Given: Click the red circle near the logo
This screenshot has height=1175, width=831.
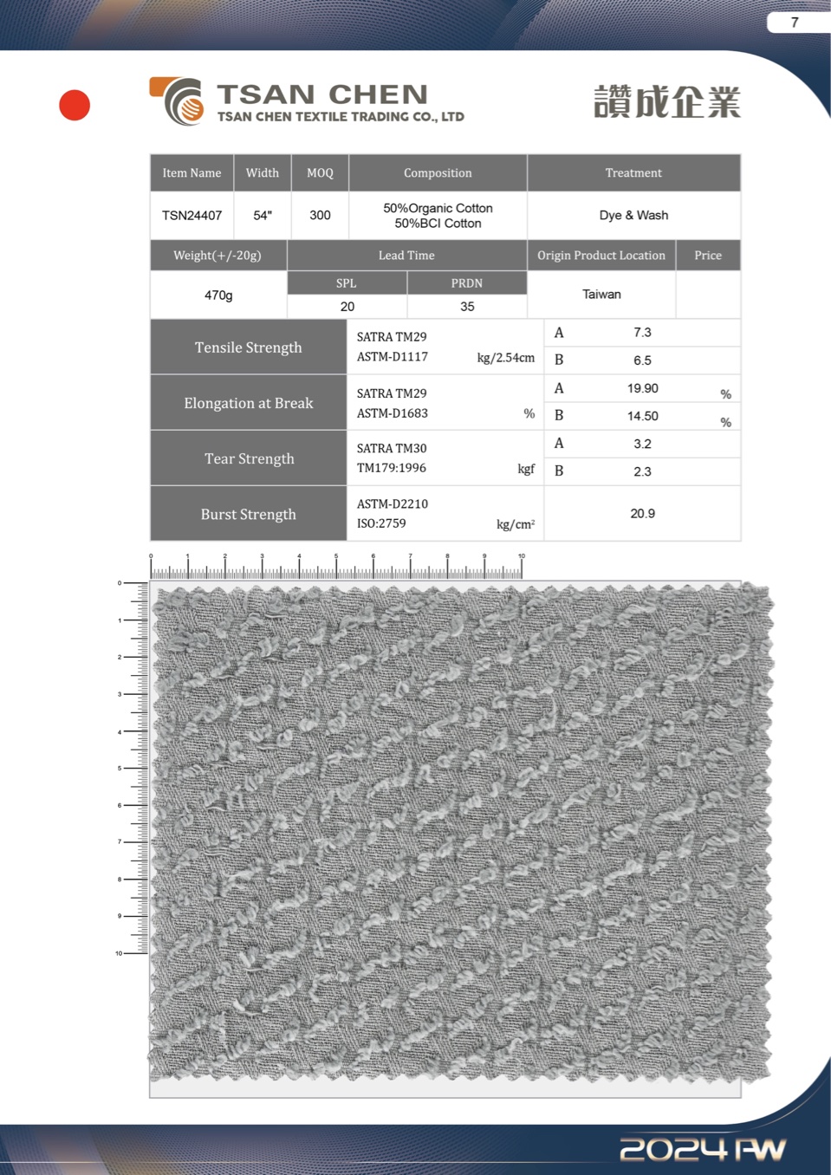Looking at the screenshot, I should point(75,105).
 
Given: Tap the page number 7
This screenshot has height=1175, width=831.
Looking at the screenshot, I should point(795,23).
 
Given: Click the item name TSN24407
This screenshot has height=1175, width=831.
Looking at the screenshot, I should point(192,215).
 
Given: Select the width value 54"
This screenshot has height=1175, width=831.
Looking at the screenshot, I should point(263,215).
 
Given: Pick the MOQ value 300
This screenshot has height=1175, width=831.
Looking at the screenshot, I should point(320,215).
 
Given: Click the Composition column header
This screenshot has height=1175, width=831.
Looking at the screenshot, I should point(438,172).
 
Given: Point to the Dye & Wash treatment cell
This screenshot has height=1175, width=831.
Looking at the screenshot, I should point(633,215).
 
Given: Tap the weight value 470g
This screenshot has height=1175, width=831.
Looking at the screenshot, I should point(218,295).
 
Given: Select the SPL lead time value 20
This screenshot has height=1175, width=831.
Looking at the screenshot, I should point(347,307).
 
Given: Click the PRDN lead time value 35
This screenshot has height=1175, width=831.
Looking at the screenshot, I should point(467,307).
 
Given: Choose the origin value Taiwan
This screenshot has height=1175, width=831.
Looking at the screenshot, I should point(601,295).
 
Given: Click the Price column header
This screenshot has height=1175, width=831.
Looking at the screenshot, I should point(707,256).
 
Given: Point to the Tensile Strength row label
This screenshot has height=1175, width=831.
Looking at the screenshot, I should point(249,347).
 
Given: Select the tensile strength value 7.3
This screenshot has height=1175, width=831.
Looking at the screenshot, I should point(642,333).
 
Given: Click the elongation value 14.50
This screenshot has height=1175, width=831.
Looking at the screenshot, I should point(643,416).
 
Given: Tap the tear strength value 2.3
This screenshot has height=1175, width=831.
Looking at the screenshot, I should point(642,471).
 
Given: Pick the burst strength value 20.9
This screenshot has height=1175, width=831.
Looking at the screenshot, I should point(642,514).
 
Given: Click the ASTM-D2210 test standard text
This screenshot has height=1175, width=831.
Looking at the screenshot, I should point(393,504).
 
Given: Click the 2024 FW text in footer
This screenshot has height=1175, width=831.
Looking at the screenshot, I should point(703,1149).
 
